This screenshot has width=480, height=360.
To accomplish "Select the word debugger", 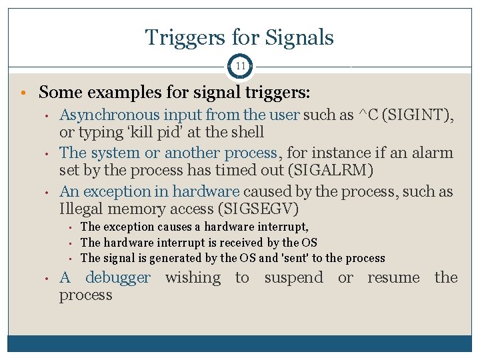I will click(x=118, y=278).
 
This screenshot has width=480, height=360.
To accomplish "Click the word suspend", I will click(x=293, y=278).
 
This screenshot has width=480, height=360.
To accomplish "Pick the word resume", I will click(x=393, y=278).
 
